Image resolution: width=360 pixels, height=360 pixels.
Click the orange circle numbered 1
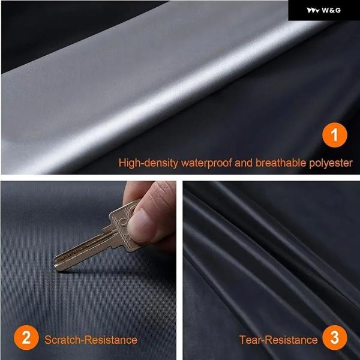click(335, 135)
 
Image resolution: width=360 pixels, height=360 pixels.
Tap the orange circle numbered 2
click(26, 337)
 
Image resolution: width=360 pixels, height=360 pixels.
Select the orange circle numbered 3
click(335, 337)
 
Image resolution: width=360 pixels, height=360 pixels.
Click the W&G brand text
click(331, 10)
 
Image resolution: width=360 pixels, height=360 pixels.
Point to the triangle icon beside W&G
click(313, 10)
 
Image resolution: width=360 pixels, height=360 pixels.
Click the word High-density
click(148, 163)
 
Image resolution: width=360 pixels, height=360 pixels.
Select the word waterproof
click(206, 163)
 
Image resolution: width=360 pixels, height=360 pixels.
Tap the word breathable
click(281, 163)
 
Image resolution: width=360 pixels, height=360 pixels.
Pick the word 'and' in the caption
click(244, 163)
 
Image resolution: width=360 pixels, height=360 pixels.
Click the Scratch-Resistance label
click(91, 340)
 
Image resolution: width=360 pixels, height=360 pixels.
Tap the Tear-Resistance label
click(278, 340)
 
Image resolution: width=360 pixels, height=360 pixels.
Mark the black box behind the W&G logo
click(324, 10)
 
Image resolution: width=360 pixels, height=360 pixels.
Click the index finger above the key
click(136, 191)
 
